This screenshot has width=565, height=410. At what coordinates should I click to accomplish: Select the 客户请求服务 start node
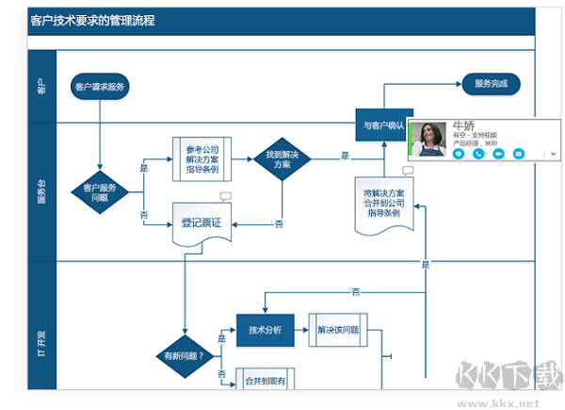point(99,87)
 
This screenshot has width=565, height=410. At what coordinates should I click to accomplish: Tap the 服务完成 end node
point(491,84)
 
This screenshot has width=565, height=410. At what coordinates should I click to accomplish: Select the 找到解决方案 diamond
point(282,159)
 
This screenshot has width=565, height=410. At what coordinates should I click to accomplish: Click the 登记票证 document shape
point(201,224)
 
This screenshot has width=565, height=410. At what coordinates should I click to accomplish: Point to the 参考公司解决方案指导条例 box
point(202,158)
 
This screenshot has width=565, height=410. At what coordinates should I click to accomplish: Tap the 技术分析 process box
point(265,330)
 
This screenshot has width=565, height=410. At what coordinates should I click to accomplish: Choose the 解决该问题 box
point(338,330)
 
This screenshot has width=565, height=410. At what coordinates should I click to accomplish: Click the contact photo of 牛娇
point(429,139)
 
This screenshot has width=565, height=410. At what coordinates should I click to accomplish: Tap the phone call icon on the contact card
point(478,153)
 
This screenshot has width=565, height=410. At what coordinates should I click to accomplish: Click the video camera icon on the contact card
point(498,153)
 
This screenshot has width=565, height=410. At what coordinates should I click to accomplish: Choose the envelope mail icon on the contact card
point(518,153)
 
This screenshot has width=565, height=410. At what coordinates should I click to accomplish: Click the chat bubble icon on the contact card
point(459,153)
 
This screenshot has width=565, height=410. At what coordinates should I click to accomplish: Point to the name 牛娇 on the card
point(464,124)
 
